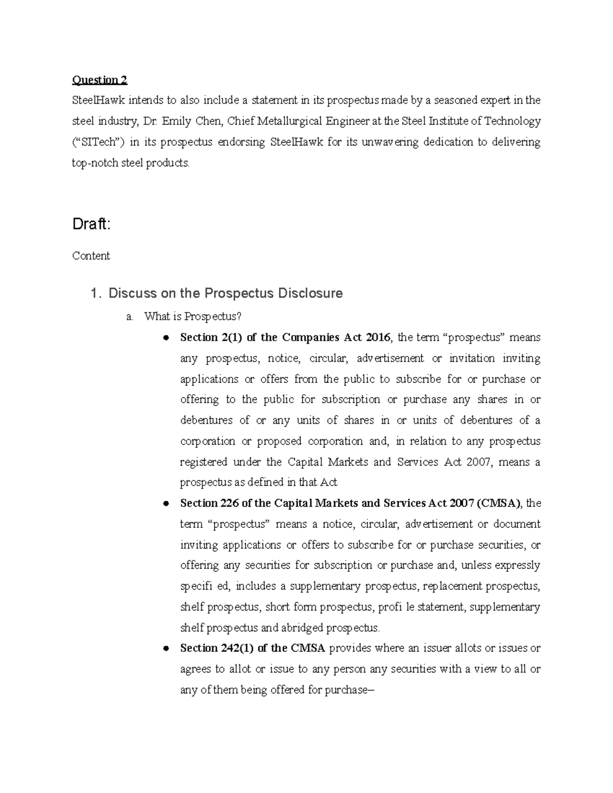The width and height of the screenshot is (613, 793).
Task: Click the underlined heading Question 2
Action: pos(100,80)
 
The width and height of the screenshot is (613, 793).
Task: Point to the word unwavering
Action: pos(390,142)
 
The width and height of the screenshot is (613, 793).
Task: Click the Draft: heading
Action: pos(91,224)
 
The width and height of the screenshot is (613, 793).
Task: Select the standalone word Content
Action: pos(91,256)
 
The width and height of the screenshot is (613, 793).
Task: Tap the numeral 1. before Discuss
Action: pos(95,294)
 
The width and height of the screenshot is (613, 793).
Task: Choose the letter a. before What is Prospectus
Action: pos(129,317)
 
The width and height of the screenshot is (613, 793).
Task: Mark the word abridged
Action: pos(298,628)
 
